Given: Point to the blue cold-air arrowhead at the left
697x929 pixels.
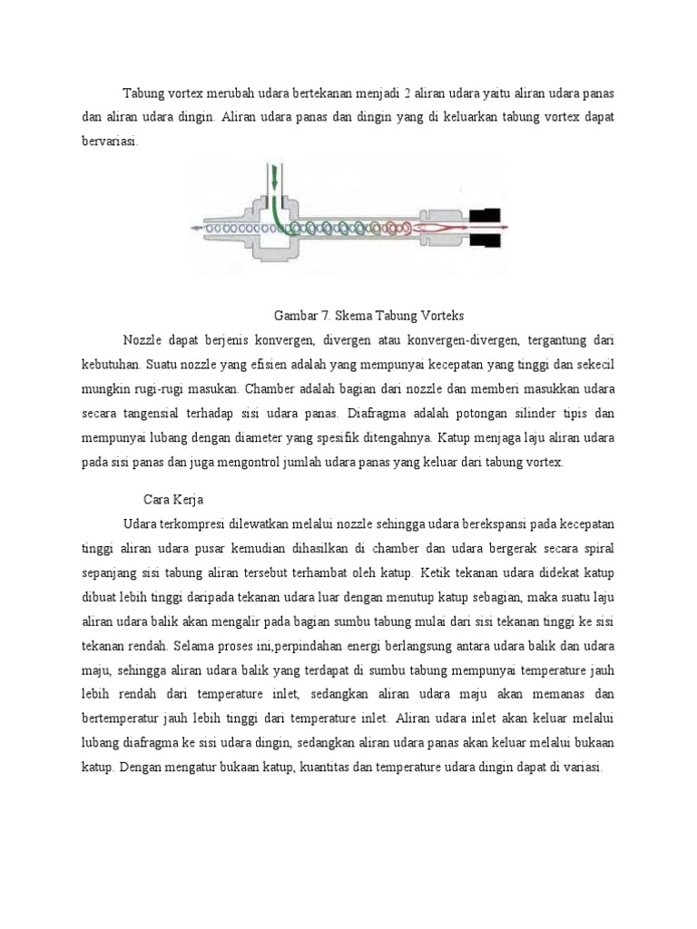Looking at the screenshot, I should [x=196, y=229].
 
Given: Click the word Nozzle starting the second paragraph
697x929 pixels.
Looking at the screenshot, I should [x=142, y=340].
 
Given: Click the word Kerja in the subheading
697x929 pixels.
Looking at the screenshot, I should [x=191, y=499].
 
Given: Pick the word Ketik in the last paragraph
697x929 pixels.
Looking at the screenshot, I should [x=440, y=573].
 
